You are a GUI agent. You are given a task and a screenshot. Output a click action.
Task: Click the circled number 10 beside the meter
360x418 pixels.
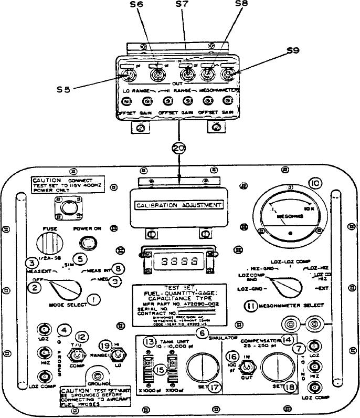(x=315, y=183)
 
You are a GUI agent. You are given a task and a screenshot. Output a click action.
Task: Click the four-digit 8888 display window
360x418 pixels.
(x=176, y=260)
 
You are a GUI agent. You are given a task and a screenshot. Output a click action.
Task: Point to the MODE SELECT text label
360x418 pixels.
(x=68, y=304)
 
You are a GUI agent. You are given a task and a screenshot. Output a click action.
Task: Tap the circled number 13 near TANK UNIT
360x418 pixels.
(x=150, y=341)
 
